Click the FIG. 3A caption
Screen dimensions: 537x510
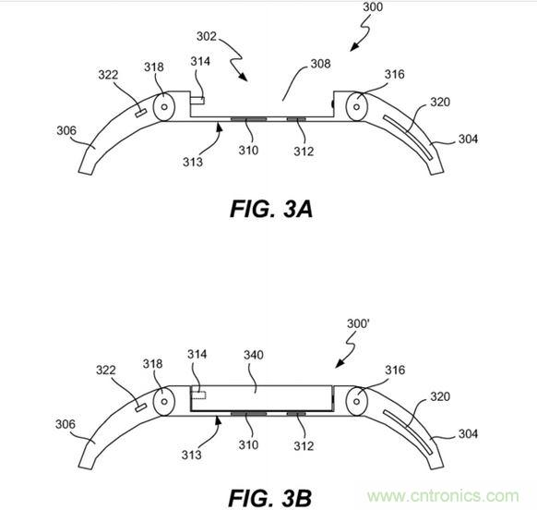click(271, 209)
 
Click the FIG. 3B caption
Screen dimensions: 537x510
click(269, 498)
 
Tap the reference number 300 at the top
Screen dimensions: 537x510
click(373, 6)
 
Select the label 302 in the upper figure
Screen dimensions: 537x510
click(207, 36)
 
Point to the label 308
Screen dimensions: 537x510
click(320, 64)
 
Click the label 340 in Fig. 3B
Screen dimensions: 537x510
click(254, 355)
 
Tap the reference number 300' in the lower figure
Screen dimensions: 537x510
click(358, 323)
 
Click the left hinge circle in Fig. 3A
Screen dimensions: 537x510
click(164, 106)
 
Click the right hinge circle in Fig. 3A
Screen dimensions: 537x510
click(356, 106)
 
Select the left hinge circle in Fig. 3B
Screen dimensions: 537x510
click(164, 401)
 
